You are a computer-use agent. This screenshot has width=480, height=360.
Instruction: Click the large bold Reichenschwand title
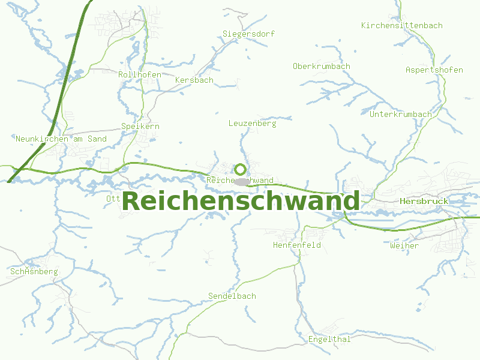tap(241, 201)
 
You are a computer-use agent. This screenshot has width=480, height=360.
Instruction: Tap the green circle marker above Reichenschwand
tap(240, 169)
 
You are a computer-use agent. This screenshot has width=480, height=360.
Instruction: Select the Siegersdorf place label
tap(248, 34)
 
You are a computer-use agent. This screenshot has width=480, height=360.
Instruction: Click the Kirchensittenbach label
tap(402, 25)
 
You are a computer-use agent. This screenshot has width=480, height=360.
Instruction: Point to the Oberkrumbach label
tap(322, 66)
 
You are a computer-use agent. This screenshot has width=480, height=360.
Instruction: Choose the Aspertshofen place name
tap(434, 70)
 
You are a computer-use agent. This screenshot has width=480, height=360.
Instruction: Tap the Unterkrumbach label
tap(401, 114)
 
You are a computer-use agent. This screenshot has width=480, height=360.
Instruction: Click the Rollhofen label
tap(140, 74)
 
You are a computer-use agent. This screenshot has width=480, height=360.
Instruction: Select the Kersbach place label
tap(194, 80)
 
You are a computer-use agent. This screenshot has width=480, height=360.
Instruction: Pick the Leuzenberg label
tap(252, 124)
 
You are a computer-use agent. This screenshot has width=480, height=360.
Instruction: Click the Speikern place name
tap(140, 127)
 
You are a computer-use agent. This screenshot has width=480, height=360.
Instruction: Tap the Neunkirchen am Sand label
tap(61, 139)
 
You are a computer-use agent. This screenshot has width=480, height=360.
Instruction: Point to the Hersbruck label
tap(424, 202)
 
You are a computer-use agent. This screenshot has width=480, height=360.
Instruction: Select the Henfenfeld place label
tap(297, 245)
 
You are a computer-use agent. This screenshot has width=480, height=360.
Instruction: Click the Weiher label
tap(404, 246)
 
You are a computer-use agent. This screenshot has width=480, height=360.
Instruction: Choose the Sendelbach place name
tap(232, 296)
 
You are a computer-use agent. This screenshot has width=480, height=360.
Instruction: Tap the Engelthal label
tap(329, 340)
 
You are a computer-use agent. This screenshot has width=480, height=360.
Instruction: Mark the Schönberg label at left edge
tap(34, 272)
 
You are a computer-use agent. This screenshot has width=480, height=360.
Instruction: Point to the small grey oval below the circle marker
tap(241, 181)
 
